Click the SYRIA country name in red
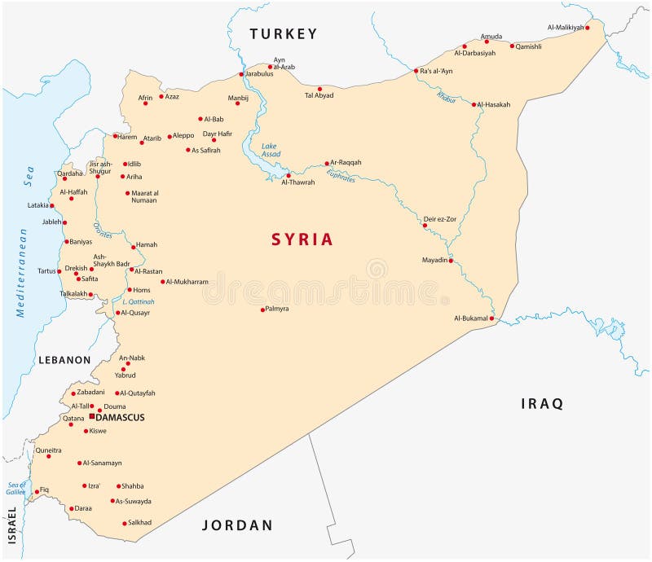[x=302, y=239]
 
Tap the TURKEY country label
[x=283, y=33]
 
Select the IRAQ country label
[x=542, y=403]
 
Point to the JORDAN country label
[x=237, y=525]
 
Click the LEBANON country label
[x=64, y=359]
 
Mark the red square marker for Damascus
[x=91, y=416]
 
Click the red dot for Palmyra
[x=262, y=310]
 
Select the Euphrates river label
[x=341, y=175]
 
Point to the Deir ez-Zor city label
[x=440, y=219]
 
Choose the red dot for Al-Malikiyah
[x=587, y=28]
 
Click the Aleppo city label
[x=183, y=136]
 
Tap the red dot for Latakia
[x=51, y=205]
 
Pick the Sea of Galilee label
[x=16, y=488]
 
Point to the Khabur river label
[x=446, y=97]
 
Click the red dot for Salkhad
[x=124, y=523]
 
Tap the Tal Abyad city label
[x=319, y=95]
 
